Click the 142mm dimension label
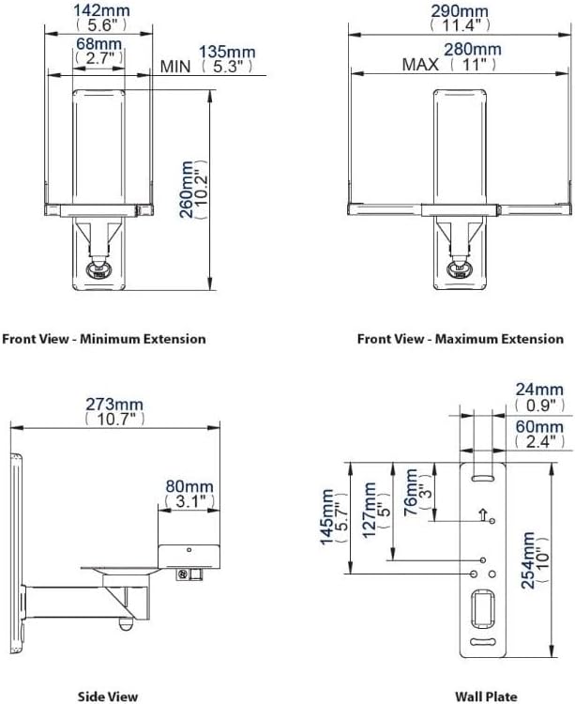(101, 10)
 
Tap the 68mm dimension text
(98, 44)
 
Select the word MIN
(175, 67)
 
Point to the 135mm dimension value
(227, 52)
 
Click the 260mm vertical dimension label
(186, 190)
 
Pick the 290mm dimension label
(460, 10)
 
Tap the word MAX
(420, 65)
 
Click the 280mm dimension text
(473, 50)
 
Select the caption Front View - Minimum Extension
(104, 339)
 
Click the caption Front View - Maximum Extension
(461, 339)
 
